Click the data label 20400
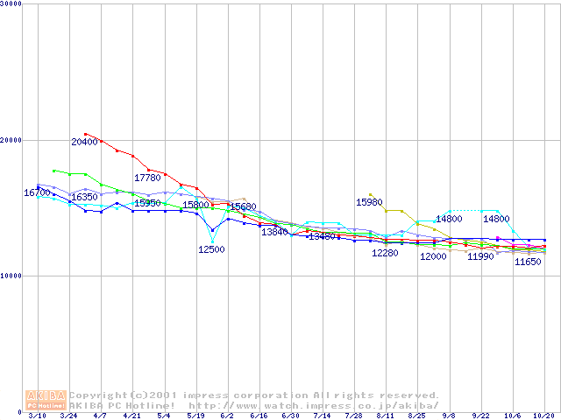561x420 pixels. [x=84, y=142]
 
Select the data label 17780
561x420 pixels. [x=147, y=178]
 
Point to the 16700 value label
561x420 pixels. [x=37, y=192]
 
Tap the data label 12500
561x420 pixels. [x=211, y=249]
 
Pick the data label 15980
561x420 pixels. [x=369, y=202]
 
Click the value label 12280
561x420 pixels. [x=385, y=254]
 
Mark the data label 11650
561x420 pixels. [x=528, y=262]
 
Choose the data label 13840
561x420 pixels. [x=274, y=232]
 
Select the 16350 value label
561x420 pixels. [x=84, y=198]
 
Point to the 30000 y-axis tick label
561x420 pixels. [x=11, y=4]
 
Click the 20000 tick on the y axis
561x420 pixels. [x=11, y=140]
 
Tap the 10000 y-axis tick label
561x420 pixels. [x=11, y=276]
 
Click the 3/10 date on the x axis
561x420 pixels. [x=37, y=416]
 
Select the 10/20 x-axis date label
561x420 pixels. [x=544, y=416]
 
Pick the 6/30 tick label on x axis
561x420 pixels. [x=290, y=416]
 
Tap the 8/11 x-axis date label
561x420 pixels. [x=386, y=416]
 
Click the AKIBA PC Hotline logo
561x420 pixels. [x=46, y=400]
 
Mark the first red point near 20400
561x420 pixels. [x=86, y=134]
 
